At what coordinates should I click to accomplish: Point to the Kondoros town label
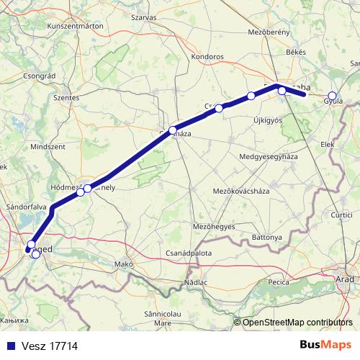point(208,55)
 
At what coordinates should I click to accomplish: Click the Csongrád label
point(40,76)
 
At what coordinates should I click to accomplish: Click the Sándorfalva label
point(27,206)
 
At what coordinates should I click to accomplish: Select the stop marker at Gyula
point(332,96)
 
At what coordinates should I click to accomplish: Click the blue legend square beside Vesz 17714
point(7,346)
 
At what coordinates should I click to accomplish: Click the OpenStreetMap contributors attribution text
point(297,322)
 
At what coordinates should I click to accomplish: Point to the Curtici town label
point(342,215)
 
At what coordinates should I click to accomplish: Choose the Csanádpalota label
point(189,253)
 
